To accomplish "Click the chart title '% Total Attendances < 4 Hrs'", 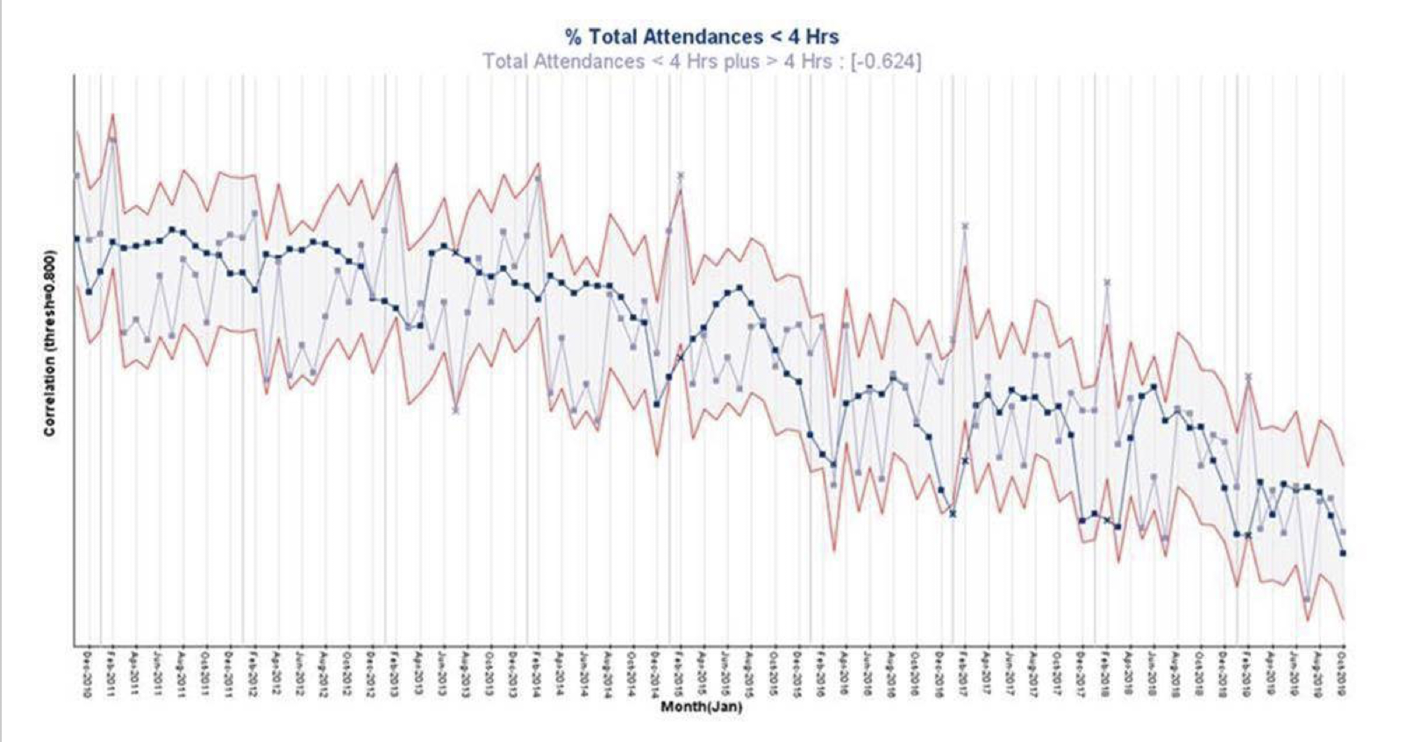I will pyautogui.click(x=702, y=37).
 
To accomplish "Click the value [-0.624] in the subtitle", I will pyautogui.click(x=886, y=61).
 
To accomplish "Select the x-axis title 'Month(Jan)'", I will pyautogui.click(x=701, y=707).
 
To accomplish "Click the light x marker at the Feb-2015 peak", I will pyautogui.click(x=681, y=175).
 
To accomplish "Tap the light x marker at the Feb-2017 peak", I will pyautogui.click(x=965, y=225).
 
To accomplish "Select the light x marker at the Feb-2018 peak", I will pyautogui.click(x=1108, y=282).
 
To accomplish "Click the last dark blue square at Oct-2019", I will pyautogui.click(x=1343, y=553).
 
